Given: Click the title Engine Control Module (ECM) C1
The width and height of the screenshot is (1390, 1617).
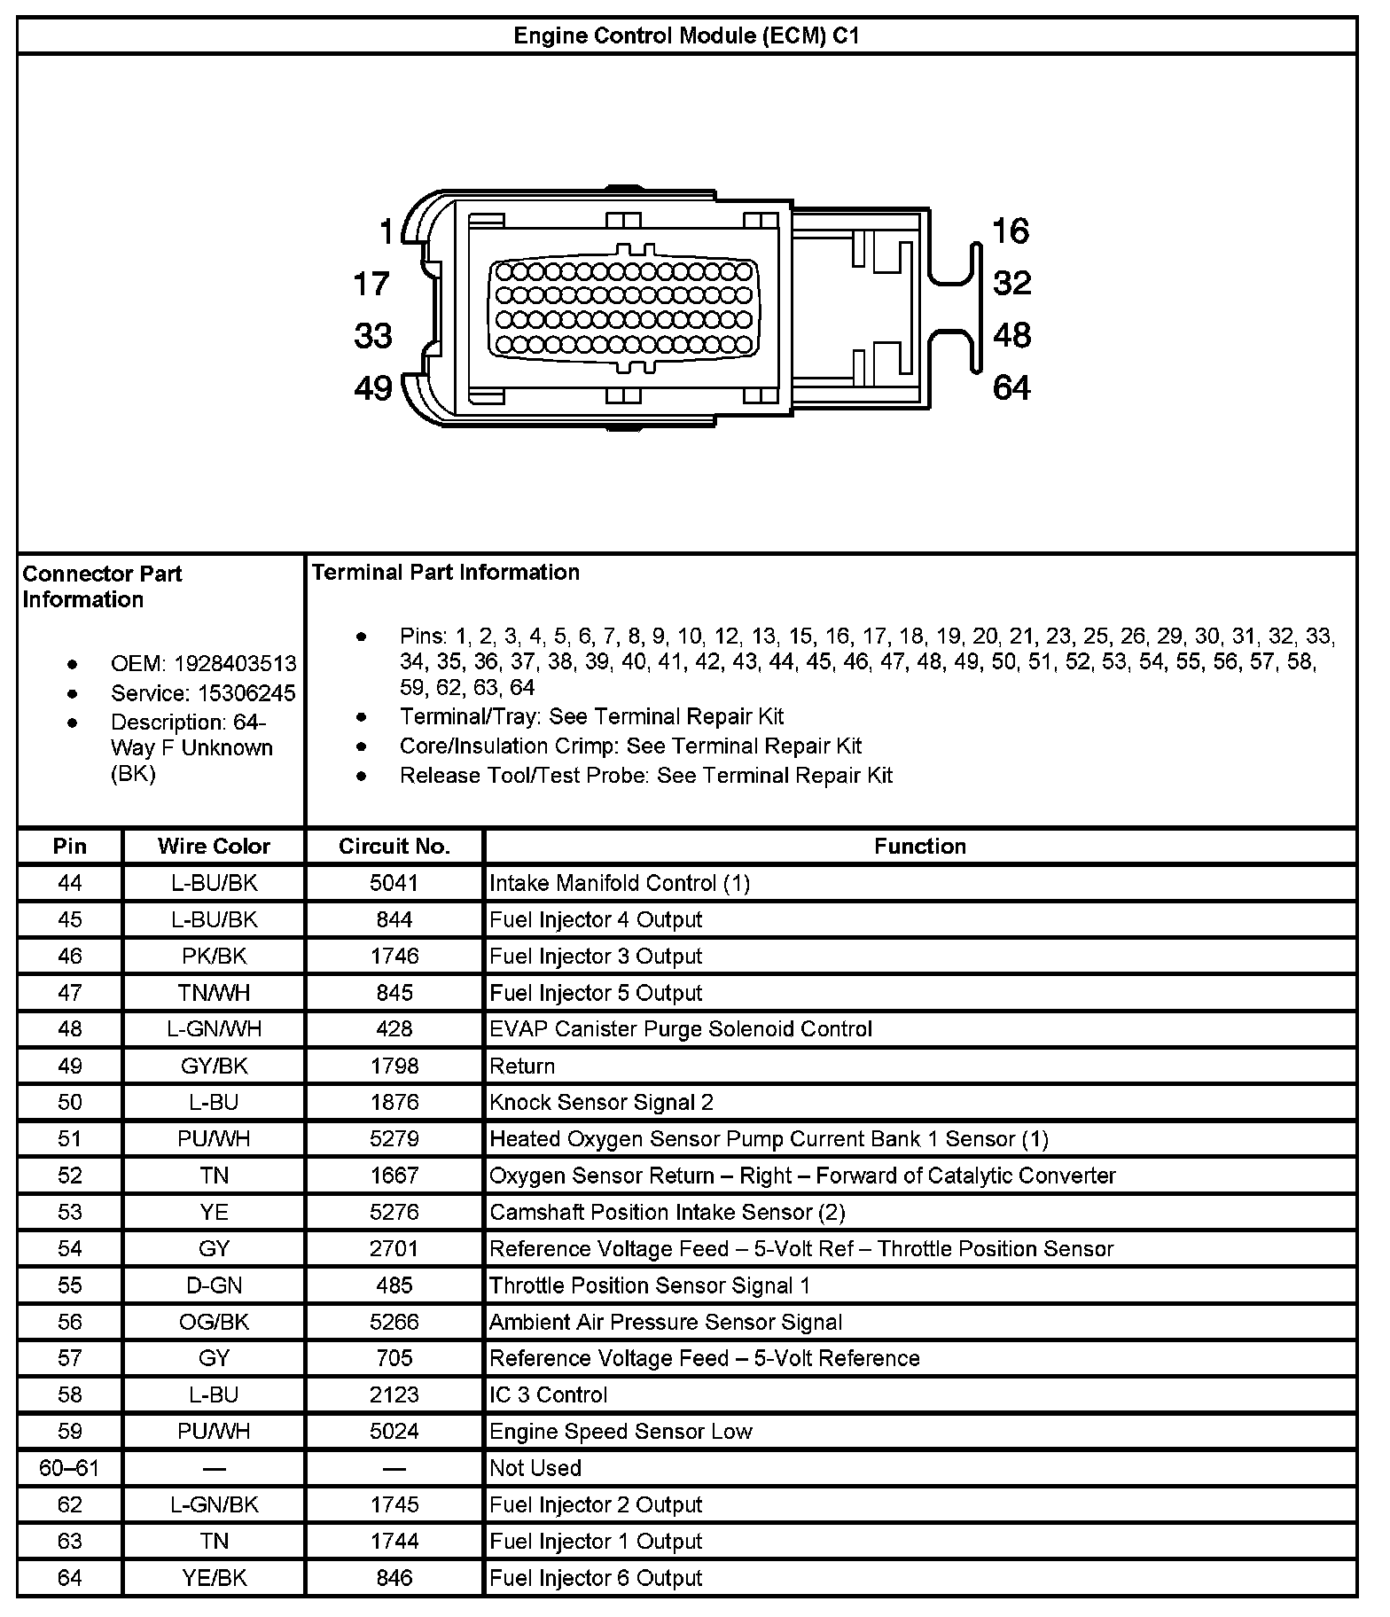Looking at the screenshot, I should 686,36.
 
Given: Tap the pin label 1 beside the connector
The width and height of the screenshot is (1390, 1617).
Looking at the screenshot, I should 386,232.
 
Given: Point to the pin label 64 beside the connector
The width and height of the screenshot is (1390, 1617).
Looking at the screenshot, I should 1011,387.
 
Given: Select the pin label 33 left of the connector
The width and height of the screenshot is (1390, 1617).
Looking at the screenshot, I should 373,336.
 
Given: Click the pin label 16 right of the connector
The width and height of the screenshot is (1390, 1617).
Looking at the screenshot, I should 1011,231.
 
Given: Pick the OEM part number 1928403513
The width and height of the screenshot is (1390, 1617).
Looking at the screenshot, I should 235,664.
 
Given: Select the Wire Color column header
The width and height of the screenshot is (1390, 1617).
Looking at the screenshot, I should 214,847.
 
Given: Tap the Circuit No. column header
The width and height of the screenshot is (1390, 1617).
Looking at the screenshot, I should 394,847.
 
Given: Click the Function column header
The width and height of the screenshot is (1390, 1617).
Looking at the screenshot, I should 919,847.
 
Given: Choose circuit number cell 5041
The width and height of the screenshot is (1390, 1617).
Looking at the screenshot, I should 394,883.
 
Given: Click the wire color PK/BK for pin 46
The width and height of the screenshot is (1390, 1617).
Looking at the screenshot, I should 214,957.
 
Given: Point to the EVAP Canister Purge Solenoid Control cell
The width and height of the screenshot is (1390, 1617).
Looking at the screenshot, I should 680,1029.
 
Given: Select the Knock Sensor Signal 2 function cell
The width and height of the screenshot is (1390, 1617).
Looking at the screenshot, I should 601,1103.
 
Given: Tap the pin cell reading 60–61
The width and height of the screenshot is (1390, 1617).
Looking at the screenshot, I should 69,1468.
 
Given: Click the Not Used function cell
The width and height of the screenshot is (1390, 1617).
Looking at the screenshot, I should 535,1468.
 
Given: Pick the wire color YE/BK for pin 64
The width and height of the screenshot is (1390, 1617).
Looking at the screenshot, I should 214,1578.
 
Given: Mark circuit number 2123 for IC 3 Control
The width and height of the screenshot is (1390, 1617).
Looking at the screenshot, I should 394,1395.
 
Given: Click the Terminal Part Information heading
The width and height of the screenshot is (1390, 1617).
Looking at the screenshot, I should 446,573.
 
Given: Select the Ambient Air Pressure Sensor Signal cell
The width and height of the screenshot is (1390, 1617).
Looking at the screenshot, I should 665,1323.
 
